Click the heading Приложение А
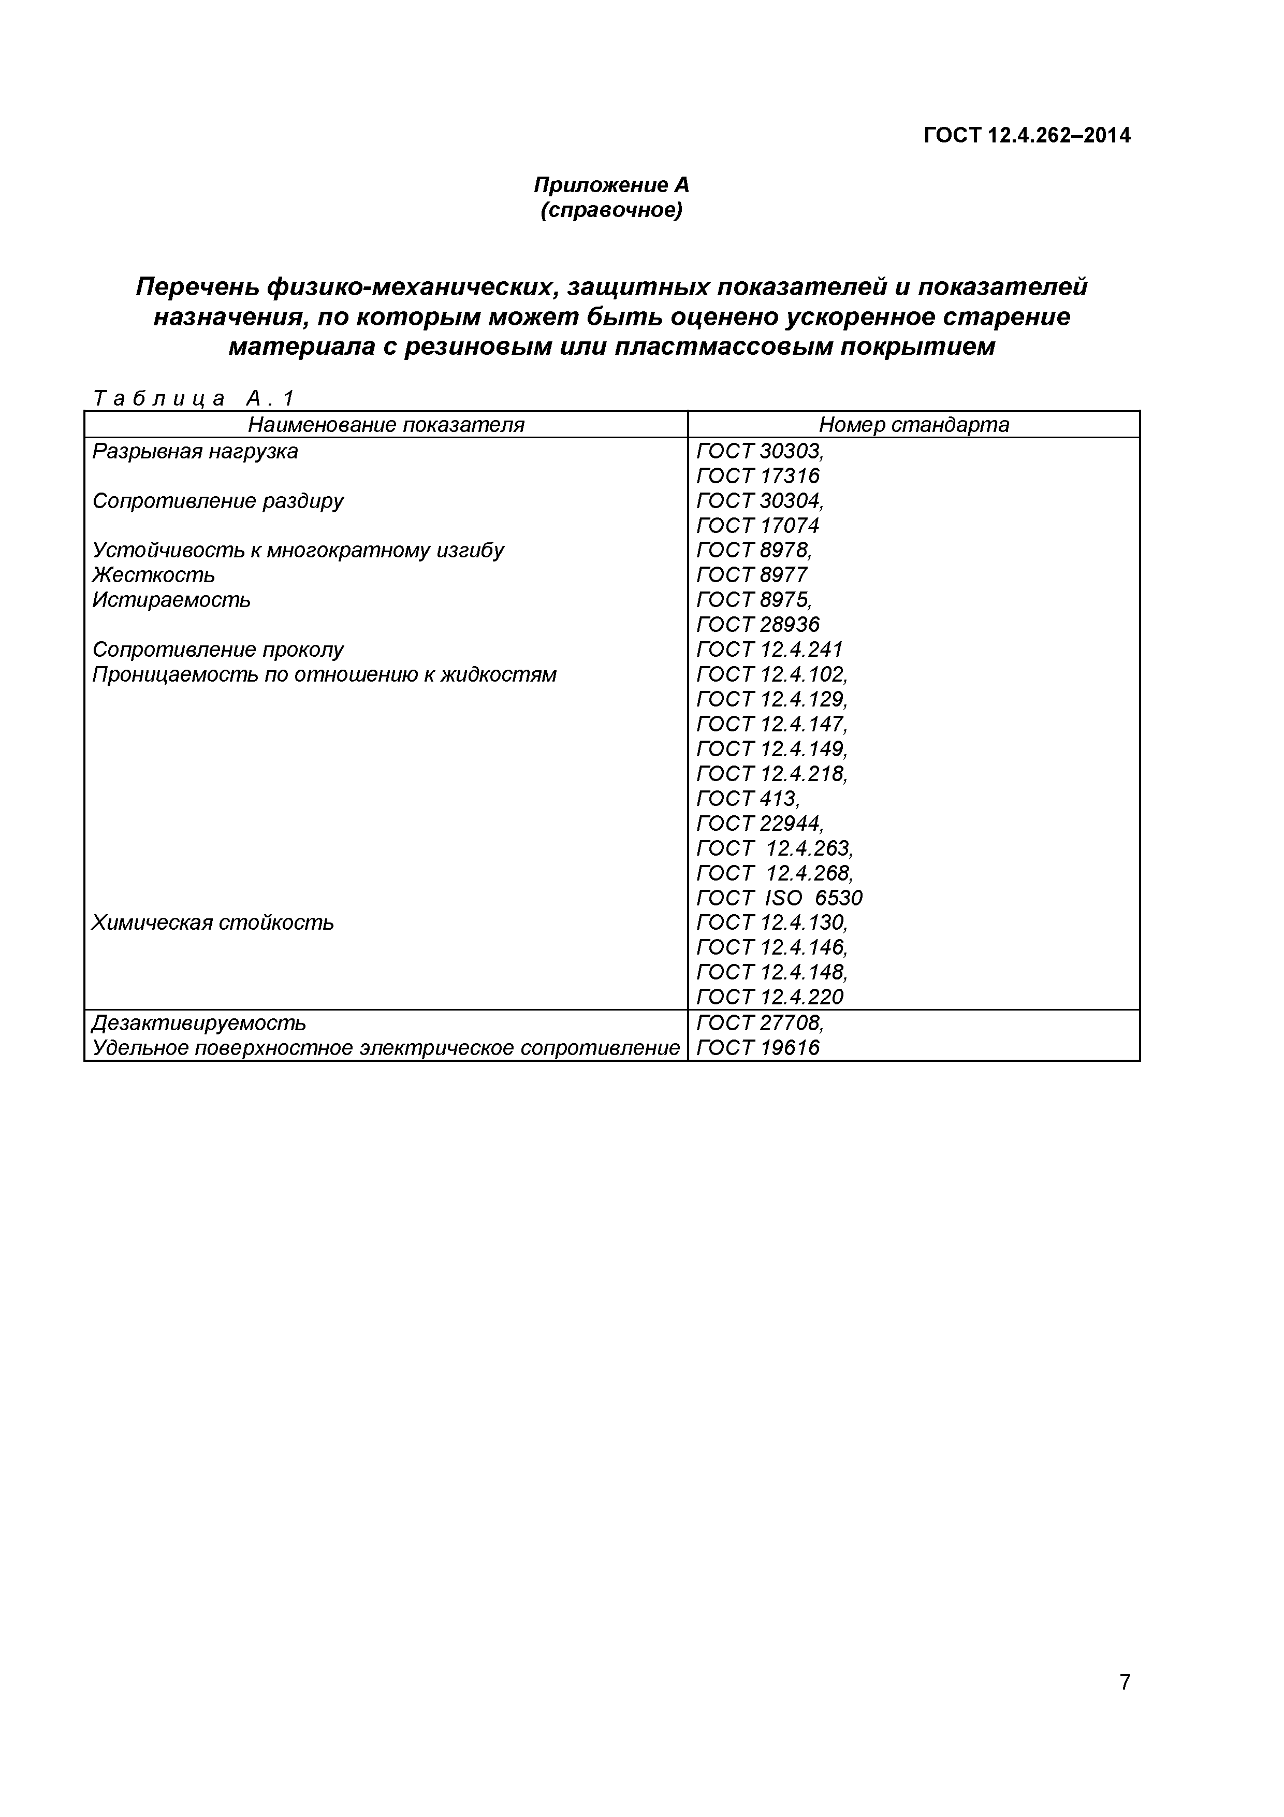tap(611, 185)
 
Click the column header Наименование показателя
tap(386, 425)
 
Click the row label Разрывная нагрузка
tap(195, 452)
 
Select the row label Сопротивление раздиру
tap(217, 501)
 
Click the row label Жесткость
tap(153, 575)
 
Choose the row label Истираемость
tap(171, 600)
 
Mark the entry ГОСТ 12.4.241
tap(769, 650)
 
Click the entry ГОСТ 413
tap(748, 799)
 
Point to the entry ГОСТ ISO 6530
tap(779, 898)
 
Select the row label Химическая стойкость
tap(213, 923)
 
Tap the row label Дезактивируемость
tap(199, 1023)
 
